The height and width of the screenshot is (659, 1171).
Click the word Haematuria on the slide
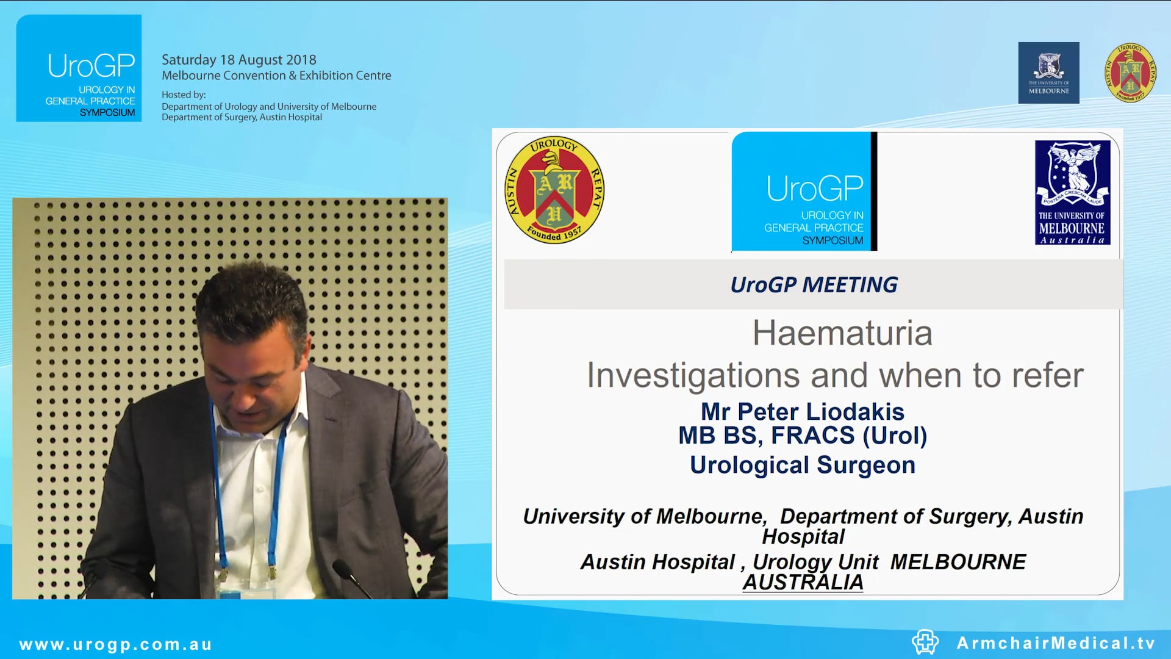coord(842,333)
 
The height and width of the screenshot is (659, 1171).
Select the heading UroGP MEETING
coord(814,284)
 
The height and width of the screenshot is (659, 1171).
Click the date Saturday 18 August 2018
coord(238,60)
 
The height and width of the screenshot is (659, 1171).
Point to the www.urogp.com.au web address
coord(115,644)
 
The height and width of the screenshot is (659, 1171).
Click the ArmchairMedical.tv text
coord(1056,643)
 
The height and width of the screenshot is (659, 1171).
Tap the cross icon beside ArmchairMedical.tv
coord(925,642)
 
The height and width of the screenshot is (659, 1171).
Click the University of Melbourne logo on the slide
coord(1072,192)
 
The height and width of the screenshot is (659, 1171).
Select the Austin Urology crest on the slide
coord(554,189)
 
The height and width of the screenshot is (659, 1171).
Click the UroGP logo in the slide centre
coord(804,191)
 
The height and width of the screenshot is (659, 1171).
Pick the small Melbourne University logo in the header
coord(1048,73)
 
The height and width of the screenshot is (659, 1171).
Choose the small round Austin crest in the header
coord(1130,73)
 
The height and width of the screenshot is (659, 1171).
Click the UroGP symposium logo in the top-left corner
coord(79,68)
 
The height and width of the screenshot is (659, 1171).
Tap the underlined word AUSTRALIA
coord(803,582)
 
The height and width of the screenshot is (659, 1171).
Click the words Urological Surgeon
coord(803,465)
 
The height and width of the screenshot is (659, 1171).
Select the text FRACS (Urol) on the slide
coord(849,436)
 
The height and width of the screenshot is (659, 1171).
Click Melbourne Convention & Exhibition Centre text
coord(276,76)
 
